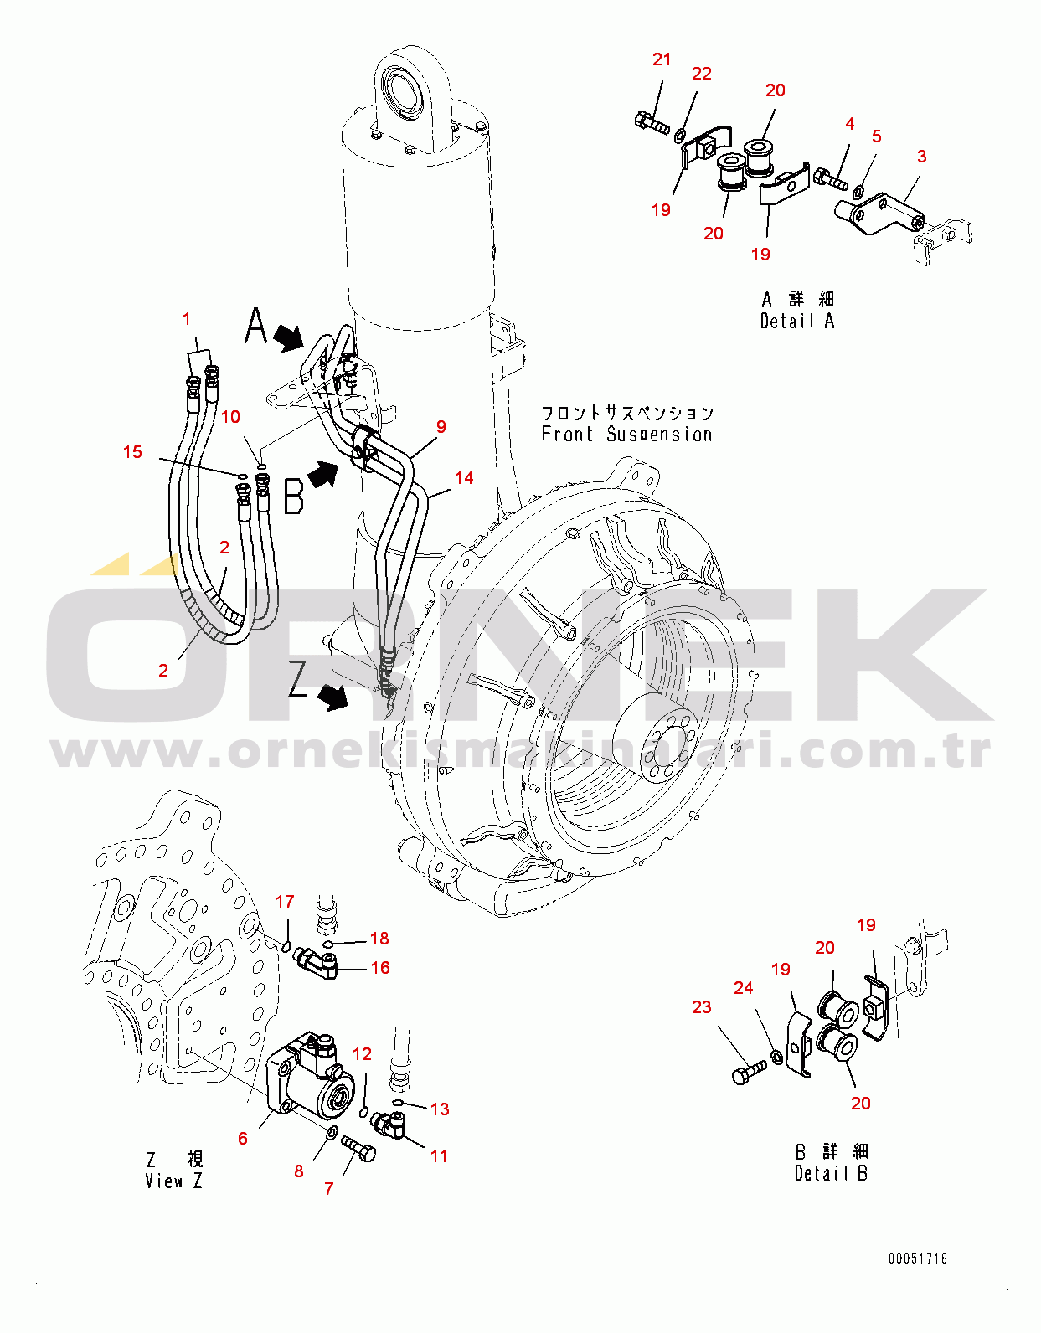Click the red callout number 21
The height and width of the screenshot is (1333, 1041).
click(662, 59)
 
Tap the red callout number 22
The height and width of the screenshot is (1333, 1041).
click(701, 74)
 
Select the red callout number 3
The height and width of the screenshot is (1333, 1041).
click(921, 157)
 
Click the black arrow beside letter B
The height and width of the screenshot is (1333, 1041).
click(322, 474)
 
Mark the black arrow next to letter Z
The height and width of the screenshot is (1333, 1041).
click(333, 697)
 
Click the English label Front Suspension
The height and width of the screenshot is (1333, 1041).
click(627, 435)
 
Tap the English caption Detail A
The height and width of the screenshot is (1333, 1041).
click(796, 321)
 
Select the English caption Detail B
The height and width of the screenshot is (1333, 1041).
click(831, 1173)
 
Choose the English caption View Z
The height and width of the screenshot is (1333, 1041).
click(173, 1181)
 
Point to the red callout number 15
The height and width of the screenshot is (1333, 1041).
click(132, 452)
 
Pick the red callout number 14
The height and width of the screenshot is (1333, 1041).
click(464, 478)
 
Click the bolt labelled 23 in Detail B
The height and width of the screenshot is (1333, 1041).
click(750, 1073)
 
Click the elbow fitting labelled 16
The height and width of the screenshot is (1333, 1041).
click(317, 962)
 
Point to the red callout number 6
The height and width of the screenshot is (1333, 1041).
click(243, 1139)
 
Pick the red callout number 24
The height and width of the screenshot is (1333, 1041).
click(744, 988)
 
